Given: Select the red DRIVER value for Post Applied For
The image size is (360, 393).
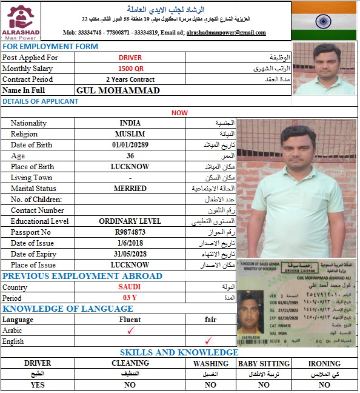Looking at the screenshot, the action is [x=130, y=58].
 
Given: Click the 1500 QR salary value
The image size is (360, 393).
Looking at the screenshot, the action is [x=130, y=69].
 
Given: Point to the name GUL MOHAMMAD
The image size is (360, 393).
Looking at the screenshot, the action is [x=118, y=90].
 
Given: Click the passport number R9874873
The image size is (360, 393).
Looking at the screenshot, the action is [x=130, y=232].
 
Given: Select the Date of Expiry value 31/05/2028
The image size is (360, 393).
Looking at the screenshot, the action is [x=130, y=254].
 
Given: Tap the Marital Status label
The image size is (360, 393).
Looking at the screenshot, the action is [x=33, y=189].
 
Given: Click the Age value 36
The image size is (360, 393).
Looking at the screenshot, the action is [x=130, y=156].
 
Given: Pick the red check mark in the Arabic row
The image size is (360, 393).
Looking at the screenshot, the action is [x=130, y=331].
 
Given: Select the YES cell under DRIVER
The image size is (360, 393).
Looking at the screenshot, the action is [x=38, y=385].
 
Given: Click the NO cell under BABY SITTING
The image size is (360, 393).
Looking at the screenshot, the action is [x=263, y=385].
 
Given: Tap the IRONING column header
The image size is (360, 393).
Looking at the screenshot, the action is [x=324, y=363].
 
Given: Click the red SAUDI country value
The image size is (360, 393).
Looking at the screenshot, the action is [x=130, y=287].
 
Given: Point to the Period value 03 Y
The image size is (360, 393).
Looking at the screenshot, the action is [x=130, y=298].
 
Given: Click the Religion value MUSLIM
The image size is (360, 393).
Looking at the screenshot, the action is [x=130, y=134].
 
